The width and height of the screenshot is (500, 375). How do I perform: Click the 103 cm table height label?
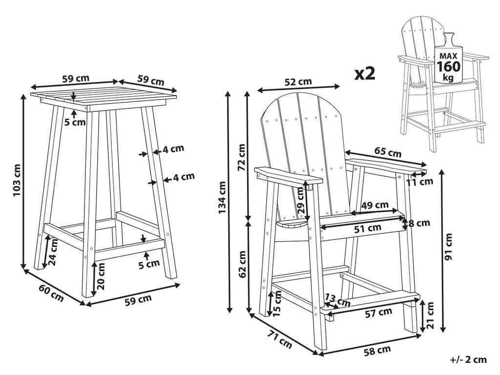coord(17,180)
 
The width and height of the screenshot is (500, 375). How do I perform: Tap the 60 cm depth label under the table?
coord(51,293)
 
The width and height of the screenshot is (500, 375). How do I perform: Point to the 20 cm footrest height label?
coord(101,276)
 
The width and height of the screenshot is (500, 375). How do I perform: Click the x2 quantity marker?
coord(365,74)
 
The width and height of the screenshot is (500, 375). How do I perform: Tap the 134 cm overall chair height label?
coord(222,197)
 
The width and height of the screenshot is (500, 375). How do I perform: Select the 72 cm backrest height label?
coord(242,157)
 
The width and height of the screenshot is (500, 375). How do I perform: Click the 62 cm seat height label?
coord(242,264)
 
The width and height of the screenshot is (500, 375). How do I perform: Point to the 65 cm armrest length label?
coord(388,152)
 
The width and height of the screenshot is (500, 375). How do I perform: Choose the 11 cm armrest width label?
coord(419,182)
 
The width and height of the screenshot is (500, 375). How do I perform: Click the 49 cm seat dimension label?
coord(375,205)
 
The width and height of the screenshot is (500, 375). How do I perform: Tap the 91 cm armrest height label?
coord(449,247)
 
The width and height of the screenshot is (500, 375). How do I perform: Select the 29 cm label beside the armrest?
coord(300,200)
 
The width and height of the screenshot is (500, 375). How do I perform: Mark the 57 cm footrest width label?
coord(378,313)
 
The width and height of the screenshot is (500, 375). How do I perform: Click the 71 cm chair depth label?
coord(280,339)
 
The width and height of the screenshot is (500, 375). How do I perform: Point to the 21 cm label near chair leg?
coord(430,315)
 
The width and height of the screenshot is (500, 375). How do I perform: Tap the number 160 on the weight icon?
coord(448,66)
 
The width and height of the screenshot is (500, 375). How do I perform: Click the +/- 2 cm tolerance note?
coord(468,360)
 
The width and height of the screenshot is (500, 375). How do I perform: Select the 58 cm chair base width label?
coord(377,351)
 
